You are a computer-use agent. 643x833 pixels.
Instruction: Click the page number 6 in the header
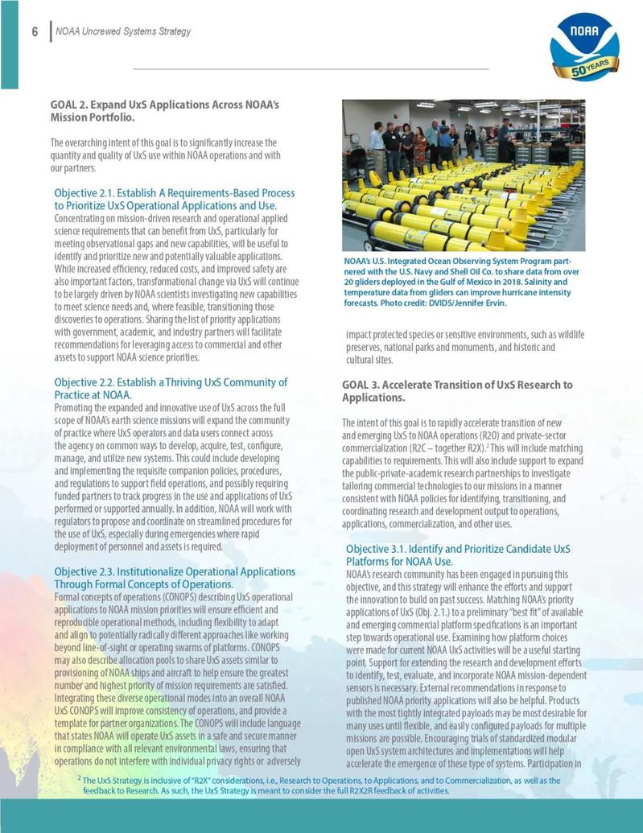35,32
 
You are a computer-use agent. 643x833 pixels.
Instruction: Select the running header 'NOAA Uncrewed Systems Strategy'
123,32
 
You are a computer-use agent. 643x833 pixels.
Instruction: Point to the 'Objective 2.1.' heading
174,199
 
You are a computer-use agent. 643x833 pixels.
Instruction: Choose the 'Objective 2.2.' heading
170,388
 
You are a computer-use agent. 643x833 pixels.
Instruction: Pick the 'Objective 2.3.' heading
174,577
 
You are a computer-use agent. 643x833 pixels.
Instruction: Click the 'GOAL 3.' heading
457,391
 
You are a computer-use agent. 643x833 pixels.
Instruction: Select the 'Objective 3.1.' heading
457,555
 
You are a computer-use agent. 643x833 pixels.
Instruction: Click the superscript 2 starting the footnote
80,778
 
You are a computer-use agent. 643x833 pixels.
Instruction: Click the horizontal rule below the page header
311,69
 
